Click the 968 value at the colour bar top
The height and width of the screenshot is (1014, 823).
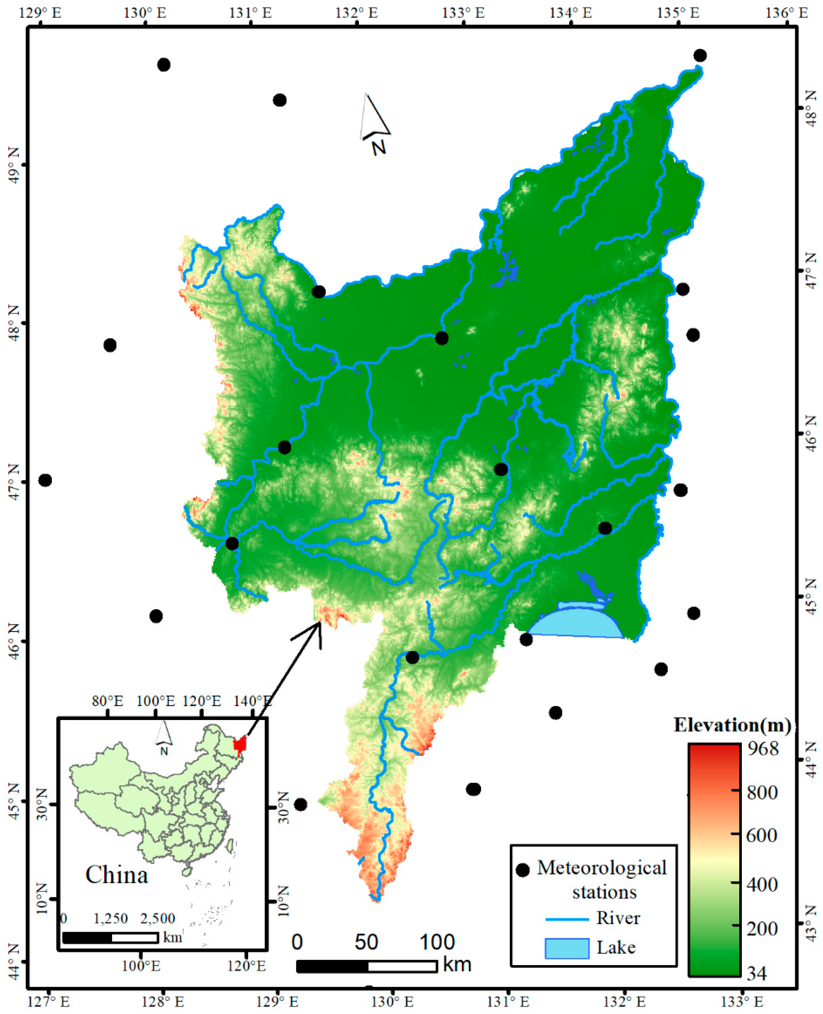(x=763, y=748)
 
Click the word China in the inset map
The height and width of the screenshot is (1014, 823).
(x=117, y=875)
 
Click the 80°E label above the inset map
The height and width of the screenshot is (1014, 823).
(x=108, y=701)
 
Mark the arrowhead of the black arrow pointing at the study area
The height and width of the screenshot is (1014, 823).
(x=319, y=623)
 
